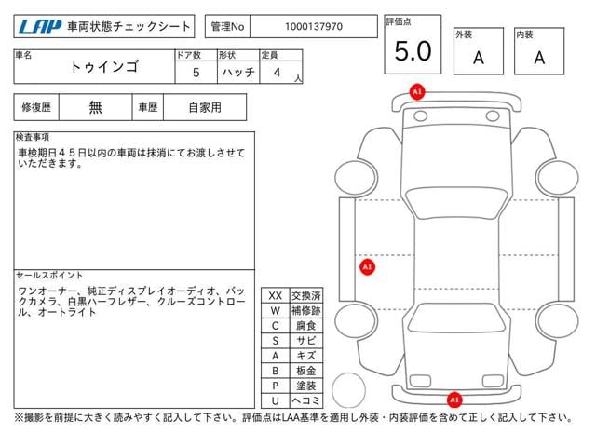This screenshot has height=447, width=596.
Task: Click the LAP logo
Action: point(40,27)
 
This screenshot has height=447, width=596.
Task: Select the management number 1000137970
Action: point(314,27)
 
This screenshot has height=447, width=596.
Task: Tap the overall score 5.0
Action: point(413,51)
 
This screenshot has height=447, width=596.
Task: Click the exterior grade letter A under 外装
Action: point(479,58)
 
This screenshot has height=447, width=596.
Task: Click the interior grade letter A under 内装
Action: point(539,58)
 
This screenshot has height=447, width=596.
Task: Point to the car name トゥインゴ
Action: point(103,66)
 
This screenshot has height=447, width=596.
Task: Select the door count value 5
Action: point(196,73)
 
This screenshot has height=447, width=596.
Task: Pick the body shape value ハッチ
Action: point(238,73)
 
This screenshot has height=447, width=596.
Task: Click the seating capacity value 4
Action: point(278,73)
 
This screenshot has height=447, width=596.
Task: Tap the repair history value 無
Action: point(95,108)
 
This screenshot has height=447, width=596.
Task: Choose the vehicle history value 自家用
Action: point(205,108)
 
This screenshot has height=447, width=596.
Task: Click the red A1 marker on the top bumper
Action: point(417,91)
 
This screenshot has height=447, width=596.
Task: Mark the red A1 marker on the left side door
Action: point(367,267)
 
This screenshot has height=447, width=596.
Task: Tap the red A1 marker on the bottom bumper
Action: point(454,400)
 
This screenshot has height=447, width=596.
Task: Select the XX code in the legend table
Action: point(276,296)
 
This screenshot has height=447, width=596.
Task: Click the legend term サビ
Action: point(306,341)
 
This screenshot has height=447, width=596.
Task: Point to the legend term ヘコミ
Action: point(306,400)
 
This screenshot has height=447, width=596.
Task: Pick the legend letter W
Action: point(276,310)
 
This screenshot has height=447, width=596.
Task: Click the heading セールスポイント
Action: point(49,276)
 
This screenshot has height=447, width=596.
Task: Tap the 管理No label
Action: point(227,27)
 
